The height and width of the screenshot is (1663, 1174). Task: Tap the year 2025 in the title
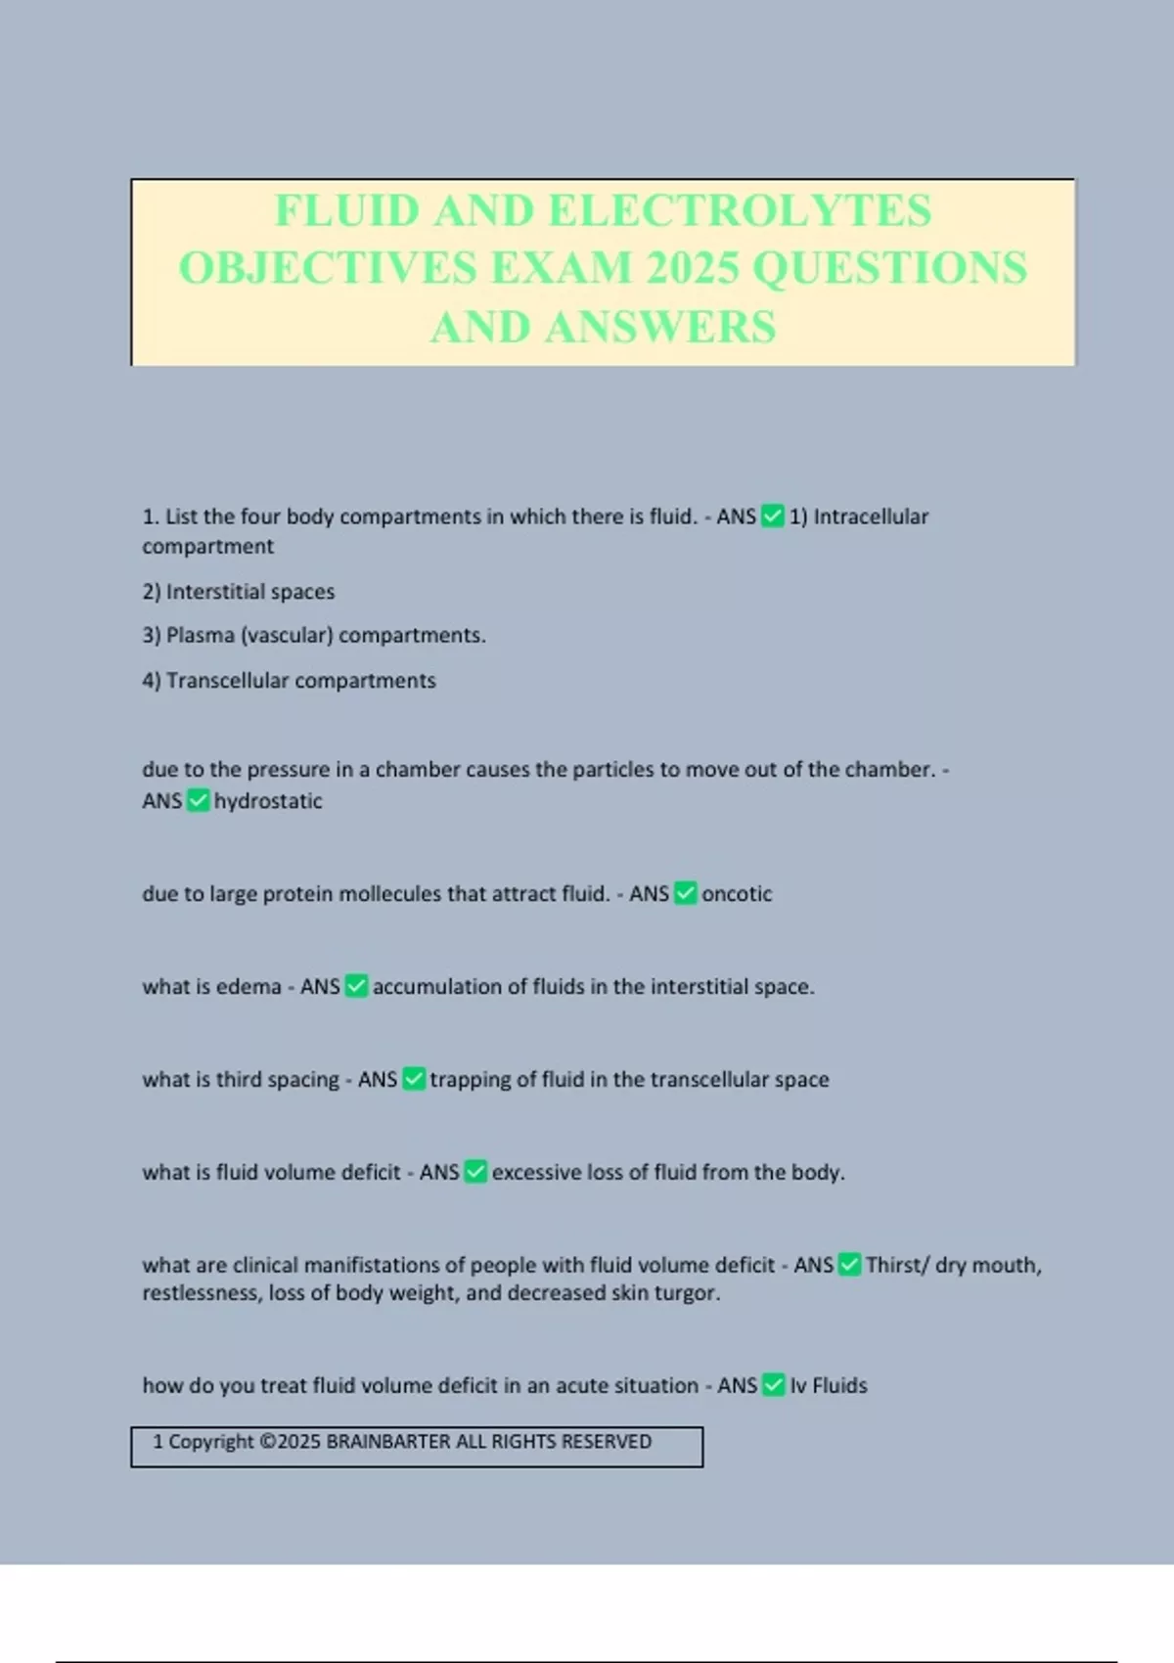coord(692,268)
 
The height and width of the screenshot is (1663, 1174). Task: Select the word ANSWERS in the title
coord(661,327)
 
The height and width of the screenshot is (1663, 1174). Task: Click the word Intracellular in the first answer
coord(871,517)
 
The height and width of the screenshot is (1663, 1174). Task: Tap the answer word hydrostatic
coord(268,801)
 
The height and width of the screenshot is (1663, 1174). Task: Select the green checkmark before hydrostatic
coord(198,801)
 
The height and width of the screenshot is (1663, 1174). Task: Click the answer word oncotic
coord(737,894)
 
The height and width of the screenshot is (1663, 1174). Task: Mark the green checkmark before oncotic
coord(686,894)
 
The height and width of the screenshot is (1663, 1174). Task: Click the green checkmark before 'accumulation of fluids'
coord(357,987)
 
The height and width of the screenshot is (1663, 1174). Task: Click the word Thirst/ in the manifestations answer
coord(897,1266)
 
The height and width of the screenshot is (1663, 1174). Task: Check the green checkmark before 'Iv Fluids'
coord(774,1386)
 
